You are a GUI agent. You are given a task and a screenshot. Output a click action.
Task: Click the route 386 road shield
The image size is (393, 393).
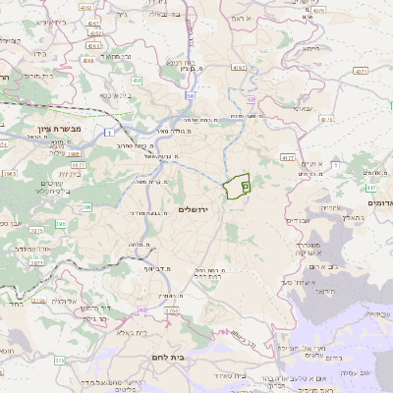click(86, 206)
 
